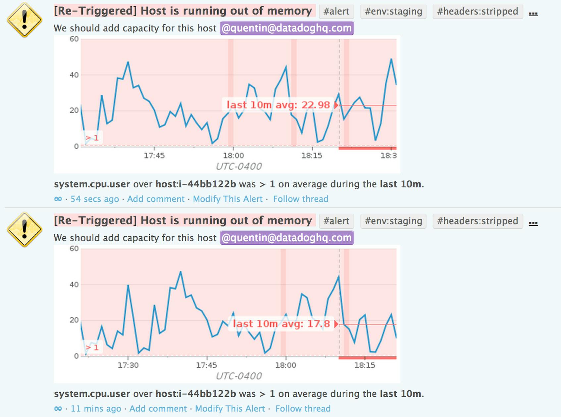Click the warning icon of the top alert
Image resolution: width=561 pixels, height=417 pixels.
coord(25,20)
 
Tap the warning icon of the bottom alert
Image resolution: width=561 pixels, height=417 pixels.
coord(25,229)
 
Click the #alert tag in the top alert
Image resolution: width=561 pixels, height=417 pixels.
coord(336,11)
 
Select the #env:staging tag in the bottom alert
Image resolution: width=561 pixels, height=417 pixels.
coord(393,221)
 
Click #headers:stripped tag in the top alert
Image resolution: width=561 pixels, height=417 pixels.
coord(477,11)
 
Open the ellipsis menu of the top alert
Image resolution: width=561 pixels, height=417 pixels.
coord(533,13)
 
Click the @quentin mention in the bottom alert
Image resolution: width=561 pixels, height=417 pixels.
coord(287,238)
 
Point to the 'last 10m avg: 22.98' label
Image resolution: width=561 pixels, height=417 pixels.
coord(279,105)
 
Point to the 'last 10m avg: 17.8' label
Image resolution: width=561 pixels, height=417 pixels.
coord(281,324)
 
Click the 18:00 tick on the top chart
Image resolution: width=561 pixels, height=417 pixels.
coord(233,155)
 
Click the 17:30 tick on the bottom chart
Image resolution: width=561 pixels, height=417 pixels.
coord(128,365)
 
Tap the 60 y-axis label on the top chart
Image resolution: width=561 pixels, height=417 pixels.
coord(74,39)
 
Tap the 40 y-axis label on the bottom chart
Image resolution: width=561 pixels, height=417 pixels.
coord(74,284)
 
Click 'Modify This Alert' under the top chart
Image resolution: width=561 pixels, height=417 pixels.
coord(228,199)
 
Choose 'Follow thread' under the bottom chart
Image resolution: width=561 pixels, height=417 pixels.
coord(303,408)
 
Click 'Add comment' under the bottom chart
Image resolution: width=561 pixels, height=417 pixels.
coord(158,408)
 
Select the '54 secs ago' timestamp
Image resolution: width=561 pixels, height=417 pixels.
coord(95,199)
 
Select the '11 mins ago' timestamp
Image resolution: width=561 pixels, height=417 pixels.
coord(96,408)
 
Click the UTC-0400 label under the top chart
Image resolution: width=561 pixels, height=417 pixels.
coord(239,166)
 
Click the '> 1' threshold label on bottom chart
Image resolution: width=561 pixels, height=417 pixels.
coord(92,347)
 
